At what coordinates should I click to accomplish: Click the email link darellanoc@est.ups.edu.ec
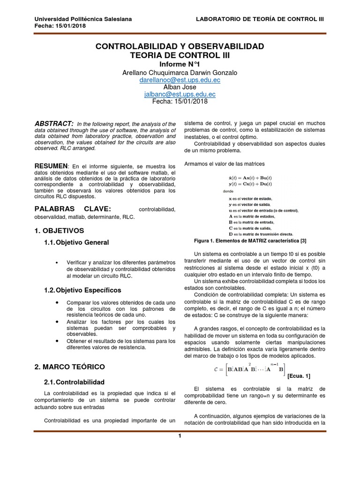180,80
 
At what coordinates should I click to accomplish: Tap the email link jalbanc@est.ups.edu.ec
180,94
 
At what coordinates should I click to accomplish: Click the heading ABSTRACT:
54,123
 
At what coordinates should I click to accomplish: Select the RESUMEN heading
51,166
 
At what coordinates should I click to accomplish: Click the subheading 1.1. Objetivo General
76,242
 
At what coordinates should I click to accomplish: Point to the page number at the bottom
179,436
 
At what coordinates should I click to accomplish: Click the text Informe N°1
180,64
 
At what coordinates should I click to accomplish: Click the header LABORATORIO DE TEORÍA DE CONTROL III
259,19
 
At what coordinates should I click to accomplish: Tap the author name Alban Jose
180,87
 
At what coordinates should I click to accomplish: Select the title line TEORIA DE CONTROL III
180,55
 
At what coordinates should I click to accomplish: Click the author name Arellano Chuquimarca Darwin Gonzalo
180,73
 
